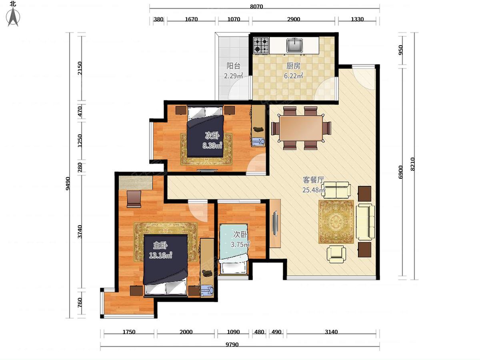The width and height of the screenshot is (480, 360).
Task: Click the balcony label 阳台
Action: pyautogui.click(x=233, y=66)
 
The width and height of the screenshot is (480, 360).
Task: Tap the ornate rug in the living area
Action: pyautogui.click(x=336, y=222)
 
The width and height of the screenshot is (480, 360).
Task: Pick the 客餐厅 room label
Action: pyautogui.click(x=313, y=180)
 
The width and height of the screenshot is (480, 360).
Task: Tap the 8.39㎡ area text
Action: pyautogui.click(x=212, y=146)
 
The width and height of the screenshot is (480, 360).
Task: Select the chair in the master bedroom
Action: pyautogui.click(x=134, y=199)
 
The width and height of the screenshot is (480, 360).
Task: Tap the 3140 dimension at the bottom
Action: pyautogui.click(x=332, y=332)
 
